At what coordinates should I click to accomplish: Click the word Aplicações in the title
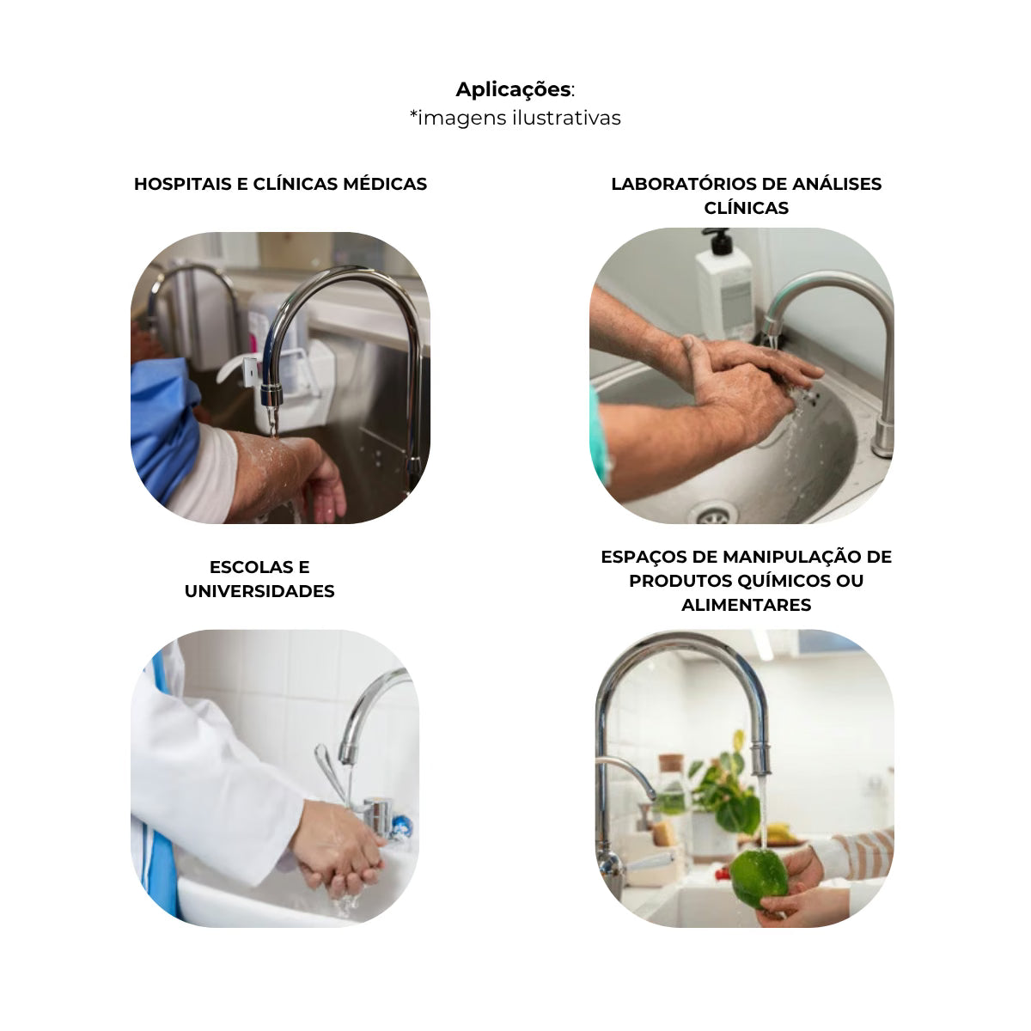point(513,89)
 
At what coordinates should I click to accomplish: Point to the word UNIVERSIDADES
point(259,591)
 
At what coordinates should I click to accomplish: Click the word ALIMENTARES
point(747,605)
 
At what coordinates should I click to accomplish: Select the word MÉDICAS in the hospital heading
point(385,184)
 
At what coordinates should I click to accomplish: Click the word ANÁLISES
point(837,184)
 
